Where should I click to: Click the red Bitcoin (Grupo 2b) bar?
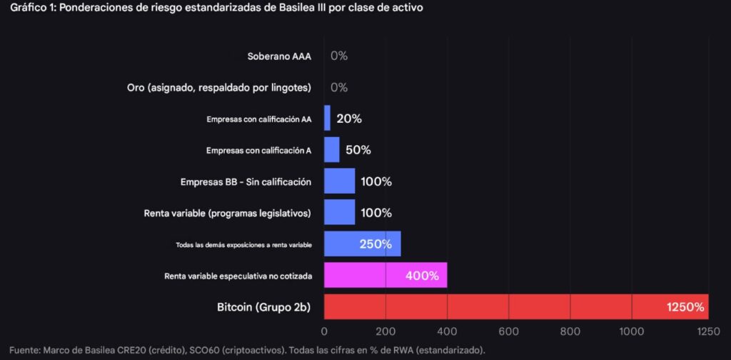[x=514, y=306]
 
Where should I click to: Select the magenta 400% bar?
[x=385, y=275]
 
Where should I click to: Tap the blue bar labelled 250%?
[x=362, y=244]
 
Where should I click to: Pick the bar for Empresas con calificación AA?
[x=327, y=119]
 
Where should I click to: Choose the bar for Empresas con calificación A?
[x=332, y=150]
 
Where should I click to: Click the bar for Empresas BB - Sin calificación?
[x=340, y=181]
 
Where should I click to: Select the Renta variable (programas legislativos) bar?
[x=340, y=213]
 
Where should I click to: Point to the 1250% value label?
[x=685, y=307]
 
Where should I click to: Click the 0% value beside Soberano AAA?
[x=339, y=56]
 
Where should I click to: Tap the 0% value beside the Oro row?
[x=339, y=87]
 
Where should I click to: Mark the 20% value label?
[x=349, y=119]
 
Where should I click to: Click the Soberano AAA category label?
[x=279, y=56]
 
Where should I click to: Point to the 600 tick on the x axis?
[x=509, y=331]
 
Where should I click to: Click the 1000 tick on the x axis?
[x=632, y=331]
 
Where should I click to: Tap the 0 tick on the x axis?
[x=325, y=331]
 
